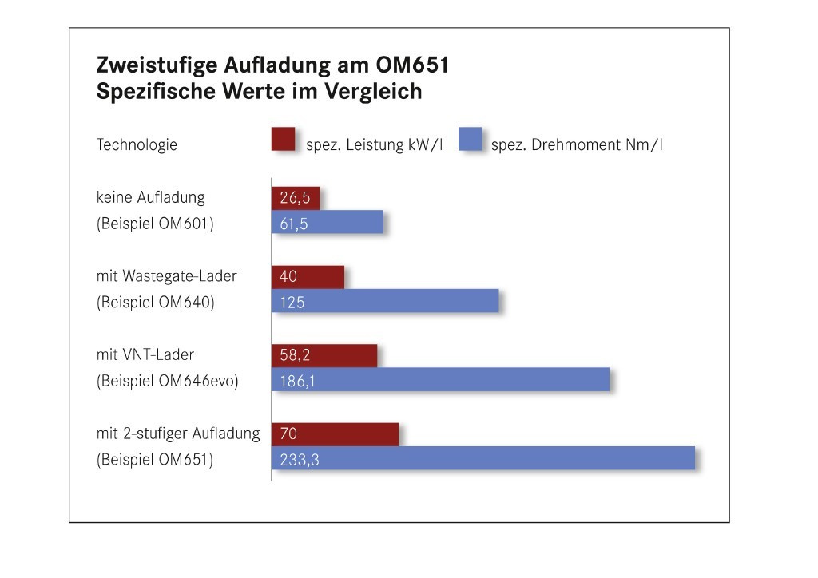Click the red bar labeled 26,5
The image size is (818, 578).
pyautogui.click(x=296, y=198)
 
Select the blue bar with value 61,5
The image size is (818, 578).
pyautogui.click(x=328, y=222)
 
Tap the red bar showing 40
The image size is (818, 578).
pyautogui.click(x=308, y=277)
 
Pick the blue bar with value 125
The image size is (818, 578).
pyautogui.click(x=385, y=301)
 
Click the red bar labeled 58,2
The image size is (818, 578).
pyautogui.click(x=324, y=356)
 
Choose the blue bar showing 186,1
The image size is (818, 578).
pyautogui.click(x=441, y=380)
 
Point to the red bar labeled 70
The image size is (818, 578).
pyautogui.click(x=336, y=435)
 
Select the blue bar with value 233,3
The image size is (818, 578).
pyautogui.click(x=483, y=458)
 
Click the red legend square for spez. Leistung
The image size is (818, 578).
pyautogui.click(x=284, y=139)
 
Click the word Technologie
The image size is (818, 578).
pyautogui.click(x=137, y=145)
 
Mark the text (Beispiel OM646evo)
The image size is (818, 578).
pyautogui.click(x=168, y=381)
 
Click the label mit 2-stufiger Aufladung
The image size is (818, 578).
pyautogui.click(x=178, y=433)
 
